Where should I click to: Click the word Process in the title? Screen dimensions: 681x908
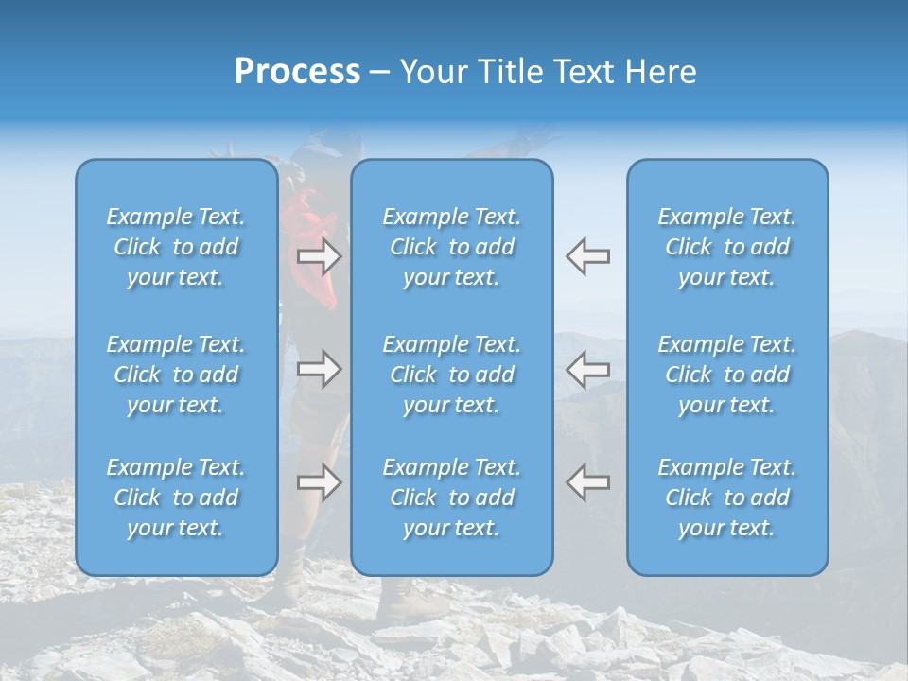297,72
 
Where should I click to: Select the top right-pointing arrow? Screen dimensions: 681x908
319,256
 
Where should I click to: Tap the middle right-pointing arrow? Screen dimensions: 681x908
319,369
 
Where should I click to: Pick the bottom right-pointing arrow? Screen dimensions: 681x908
319,482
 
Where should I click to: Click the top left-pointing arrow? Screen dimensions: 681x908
587,256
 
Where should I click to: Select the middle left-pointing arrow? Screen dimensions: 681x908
587,369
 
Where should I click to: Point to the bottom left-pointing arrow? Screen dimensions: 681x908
587,482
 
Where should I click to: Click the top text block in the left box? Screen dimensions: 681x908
176,247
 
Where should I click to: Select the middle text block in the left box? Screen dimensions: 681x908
176,375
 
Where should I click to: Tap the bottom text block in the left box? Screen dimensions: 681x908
176,498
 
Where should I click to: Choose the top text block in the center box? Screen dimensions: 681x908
451,247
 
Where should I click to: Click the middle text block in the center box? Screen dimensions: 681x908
451,375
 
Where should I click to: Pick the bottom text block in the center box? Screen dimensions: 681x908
451,498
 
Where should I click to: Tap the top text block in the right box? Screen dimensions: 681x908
726,247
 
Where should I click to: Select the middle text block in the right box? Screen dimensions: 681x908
726,375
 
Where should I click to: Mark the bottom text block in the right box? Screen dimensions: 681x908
726,498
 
